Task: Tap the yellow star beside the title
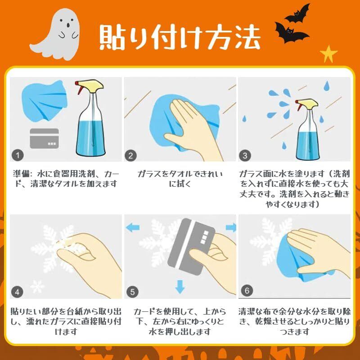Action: (x=328, y=54)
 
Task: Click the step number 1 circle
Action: (x=18, y=155)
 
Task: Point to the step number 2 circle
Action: (x=130, y=155)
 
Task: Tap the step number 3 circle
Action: (x=245, y=155)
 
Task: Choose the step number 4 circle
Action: (x=17, y=292)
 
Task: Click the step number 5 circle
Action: (x=132, y=292)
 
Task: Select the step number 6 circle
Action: (x=247, y=291)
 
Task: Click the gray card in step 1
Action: (x=44, y=139)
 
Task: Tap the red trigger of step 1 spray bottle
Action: (x=79, y=88)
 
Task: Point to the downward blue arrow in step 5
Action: (x=180, y=287)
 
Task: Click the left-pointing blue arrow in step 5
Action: (x=133, y=228)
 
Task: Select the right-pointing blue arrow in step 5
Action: (x=231, y=227)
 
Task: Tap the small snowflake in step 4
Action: (x=37, y=287)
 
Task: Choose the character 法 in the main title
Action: (x=247, y=37)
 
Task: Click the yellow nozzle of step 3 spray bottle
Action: (x=309, y=103)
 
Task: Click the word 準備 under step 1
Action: (x=21, y=174)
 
